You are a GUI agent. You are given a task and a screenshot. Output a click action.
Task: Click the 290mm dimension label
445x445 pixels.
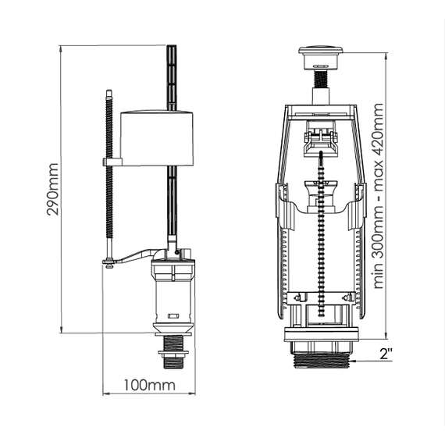pos(53,189)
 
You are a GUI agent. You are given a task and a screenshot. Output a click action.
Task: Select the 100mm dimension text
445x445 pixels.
pos(150,386)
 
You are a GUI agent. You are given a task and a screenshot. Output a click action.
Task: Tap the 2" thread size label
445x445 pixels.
pos(386,354)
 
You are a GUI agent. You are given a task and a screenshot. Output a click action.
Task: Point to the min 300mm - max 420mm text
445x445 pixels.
pos(379,196)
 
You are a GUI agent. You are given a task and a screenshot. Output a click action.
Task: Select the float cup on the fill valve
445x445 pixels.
pos(157,138)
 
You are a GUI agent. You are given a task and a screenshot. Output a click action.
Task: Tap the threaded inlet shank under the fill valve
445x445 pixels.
pos(173,352)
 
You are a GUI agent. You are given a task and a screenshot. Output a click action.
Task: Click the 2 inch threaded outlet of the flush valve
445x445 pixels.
pos(322,361)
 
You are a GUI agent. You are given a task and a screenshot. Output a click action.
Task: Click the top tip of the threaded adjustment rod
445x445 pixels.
pos(109,91)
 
